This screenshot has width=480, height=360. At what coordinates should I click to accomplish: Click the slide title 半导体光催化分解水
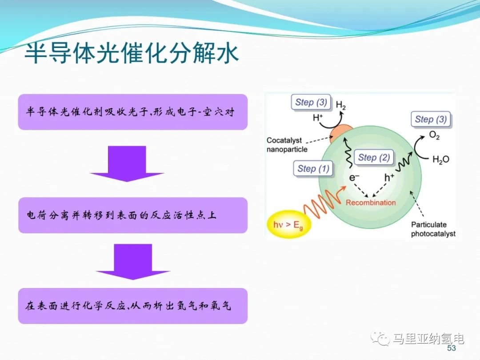pos(131,54)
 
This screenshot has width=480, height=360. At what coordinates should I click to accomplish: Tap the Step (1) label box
pos(313,168)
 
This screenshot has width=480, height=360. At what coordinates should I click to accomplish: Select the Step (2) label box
pos(374,157)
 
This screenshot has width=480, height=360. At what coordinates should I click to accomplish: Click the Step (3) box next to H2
pos(311,102)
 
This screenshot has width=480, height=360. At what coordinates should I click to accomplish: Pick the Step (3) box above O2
pos(431,119)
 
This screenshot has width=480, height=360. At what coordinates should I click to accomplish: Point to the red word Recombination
pos(371,203)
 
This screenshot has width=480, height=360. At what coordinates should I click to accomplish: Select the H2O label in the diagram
pos(440,160)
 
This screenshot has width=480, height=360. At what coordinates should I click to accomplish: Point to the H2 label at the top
pos(341,105)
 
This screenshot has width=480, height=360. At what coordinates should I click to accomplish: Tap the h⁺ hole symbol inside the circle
pos(389,178)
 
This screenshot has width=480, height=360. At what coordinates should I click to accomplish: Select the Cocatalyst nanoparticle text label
pos(287,145)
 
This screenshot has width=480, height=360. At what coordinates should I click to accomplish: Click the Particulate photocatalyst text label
pos(433,229)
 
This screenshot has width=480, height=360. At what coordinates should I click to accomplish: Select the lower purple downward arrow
pos(133,261)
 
